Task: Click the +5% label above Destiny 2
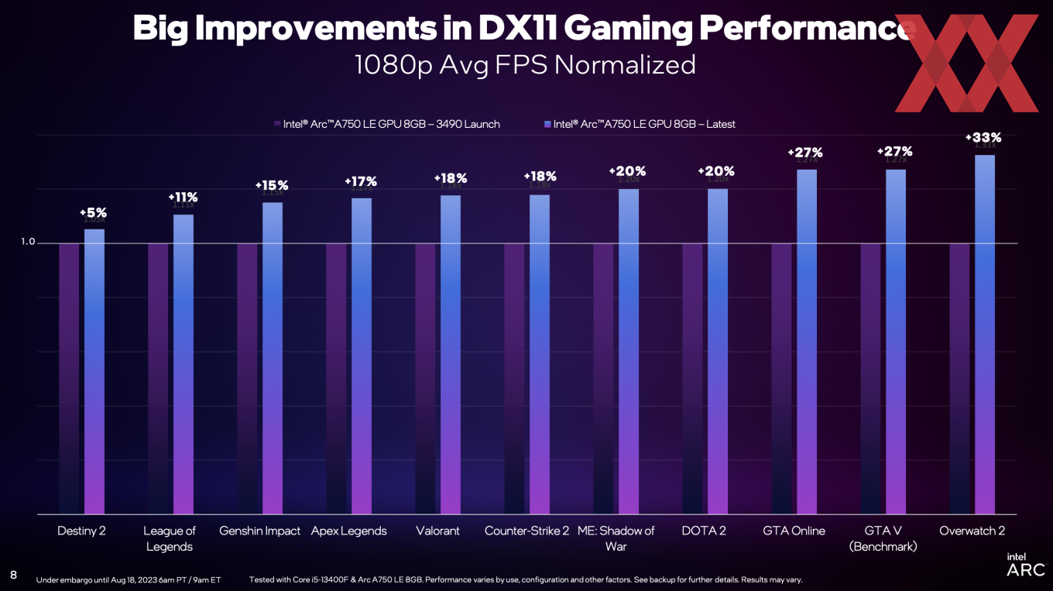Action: click(93, 212)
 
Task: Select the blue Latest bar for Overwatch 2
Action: click(985, 333)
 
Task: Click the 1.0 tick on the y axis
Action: click(28, 242)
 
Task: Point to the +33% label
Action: click(983, 138)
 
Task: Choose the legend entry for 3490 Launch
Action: click(386, 124)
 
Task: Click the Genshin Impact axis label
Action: click(259, 531)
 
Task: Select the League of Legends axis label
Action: click(169, 538)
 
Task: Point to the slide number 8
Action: click(13, 574)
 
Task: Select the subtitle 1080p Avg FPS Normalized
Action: click(525, 64)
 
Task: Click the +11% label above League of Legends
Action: click(183, 198)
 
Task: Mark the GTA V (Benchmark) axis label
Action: click(883, 538)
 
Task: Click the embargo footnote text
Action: click(129, 579)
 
